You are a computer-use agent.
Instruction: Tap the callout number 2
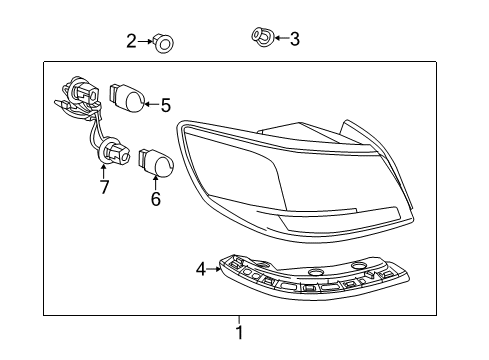tap(131, 41)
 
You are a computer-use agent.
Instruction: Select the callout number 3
tap(293, 39)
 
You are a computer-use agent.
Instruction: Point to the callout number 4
tap(200, 268)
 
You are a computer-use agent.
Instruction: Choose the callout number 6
tap(155, 198)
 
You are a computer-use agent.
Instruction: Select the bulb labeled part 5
tap(128, 98)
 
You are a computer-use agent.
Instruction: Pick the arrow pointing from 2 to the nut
tap(146, 42)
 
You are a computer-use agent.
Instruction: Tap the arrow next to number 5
tap(152, 102)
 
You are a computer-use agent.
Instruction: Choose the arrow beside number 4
tap(213, 268)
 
